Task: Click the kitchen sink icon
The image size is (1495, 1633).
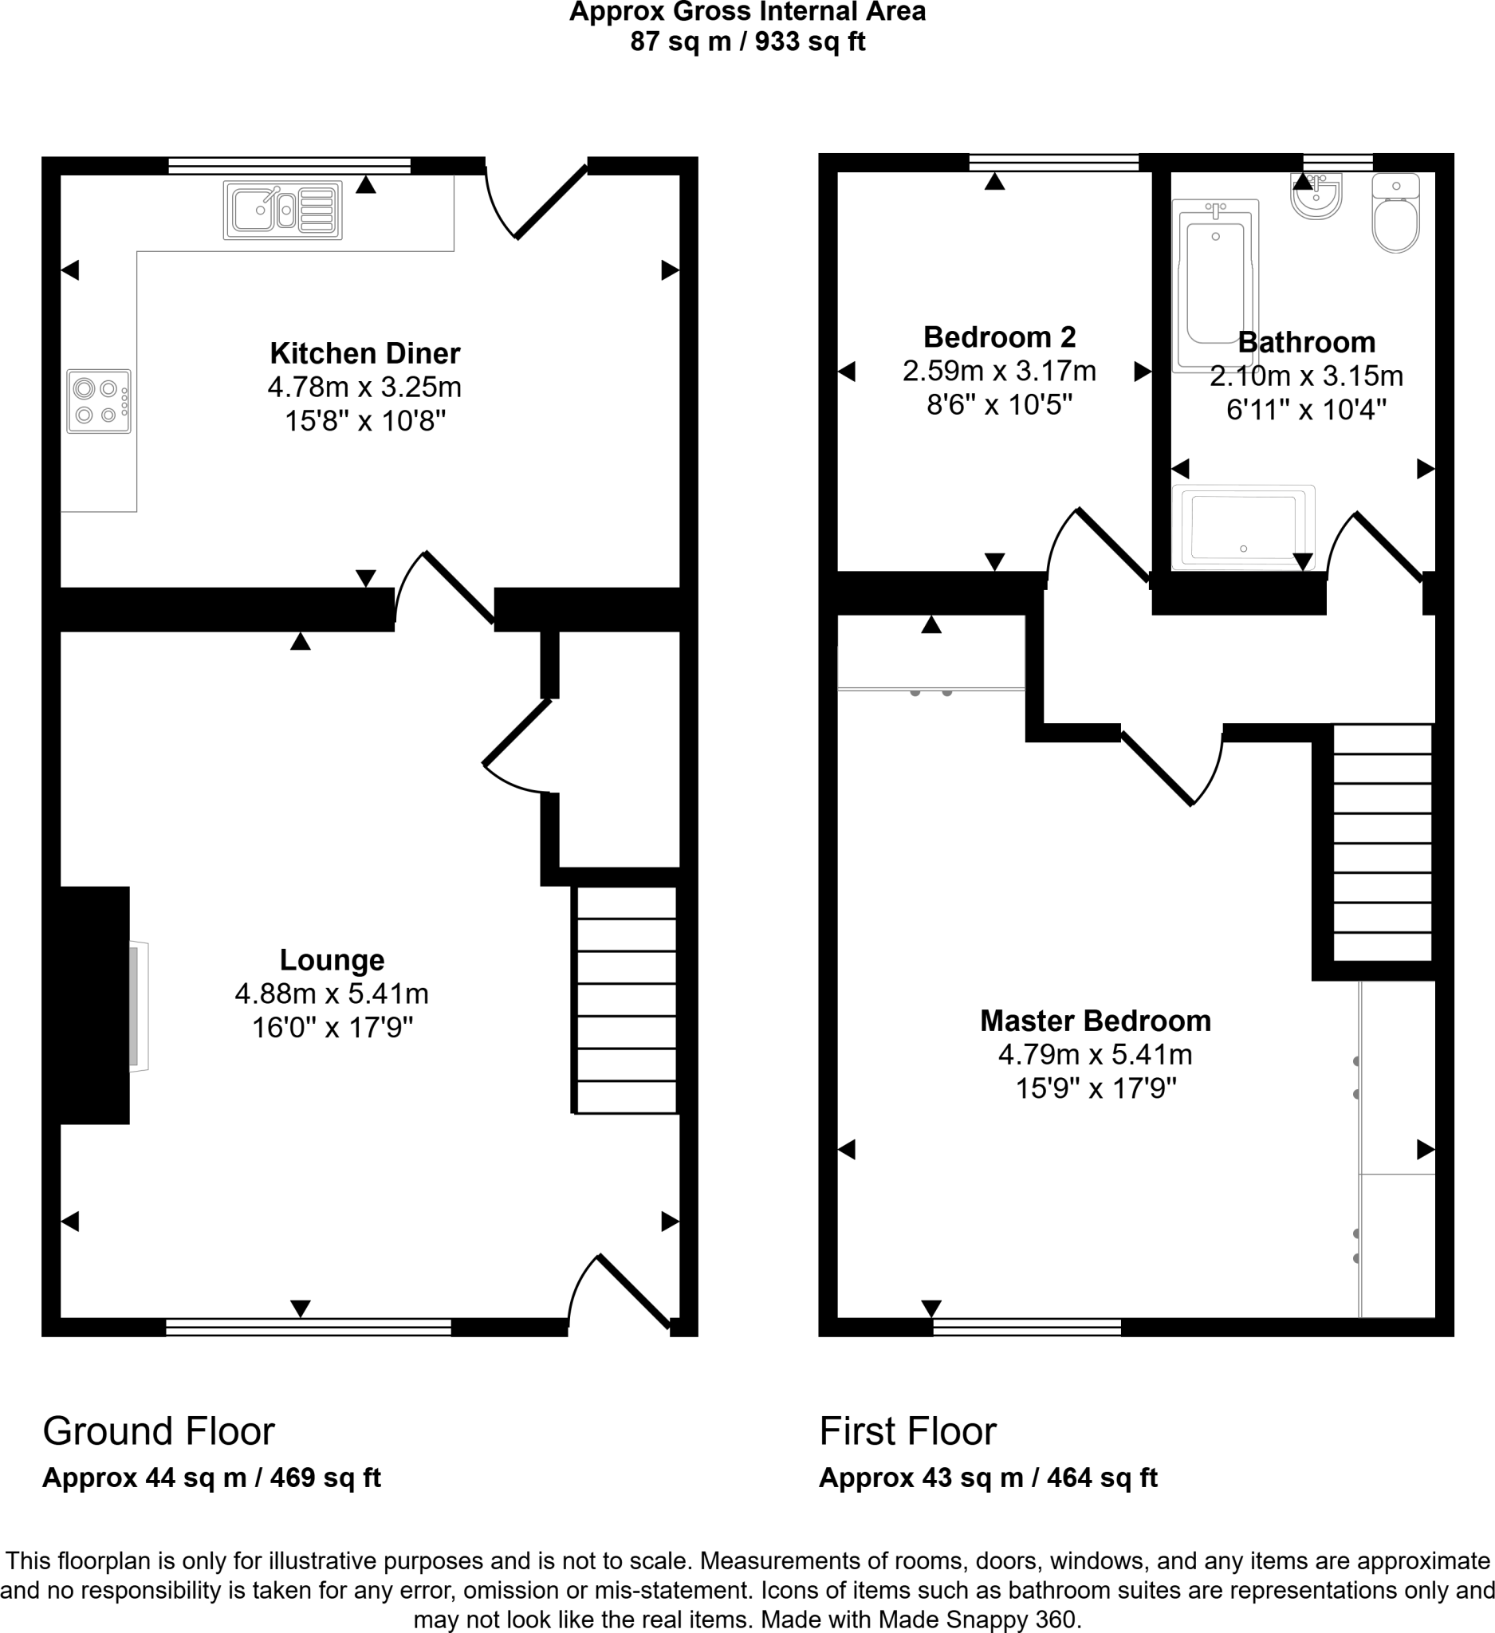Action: tap(282, 211)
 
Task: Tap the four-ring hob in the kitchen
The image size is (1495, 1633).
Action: tap(99, 402)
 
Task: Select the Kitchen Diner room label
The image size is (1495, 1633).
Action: tap(364, 353)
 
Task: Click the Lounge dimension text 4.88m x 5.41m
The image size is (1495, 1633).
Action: tap(331, 993)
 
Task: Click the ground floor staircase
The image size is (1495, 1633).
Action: tap(626, 1000)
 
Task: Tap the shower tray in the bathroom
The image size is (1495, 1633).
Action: tap(1242, 526)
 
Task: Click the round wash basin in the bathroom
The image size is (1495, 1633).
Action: tap(1316, 196)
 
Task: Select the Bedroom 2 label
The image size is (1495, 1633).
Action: tap(999, 336)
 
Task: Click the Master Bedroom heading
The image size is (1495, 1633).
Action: tap(1095, 1021)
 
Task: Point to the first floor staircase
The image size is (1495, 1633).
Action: tap(1382, 843)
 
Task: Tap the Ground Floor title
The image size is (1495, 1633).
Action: tap(159, 1431)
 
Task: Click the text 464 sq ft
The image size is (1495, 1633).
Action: tap(1101, 1478)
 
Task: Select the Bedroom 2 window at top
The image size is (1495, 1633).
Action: tap(1053, 162)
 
